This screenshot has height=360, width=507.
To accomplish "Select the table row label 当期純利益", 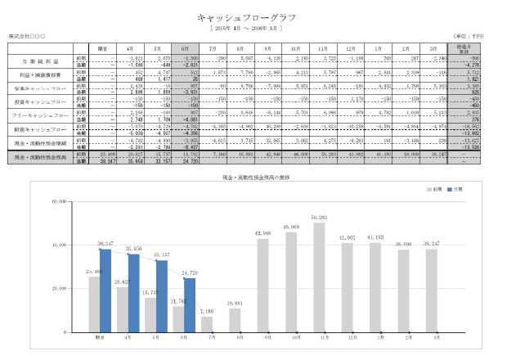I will (x=40, y=61).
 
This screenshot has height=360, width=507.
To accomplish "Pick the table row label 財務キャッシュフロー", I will (x=40, y=129).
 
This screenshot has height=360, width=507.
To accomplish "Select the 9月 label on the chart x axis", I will (x=267, y=336).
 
